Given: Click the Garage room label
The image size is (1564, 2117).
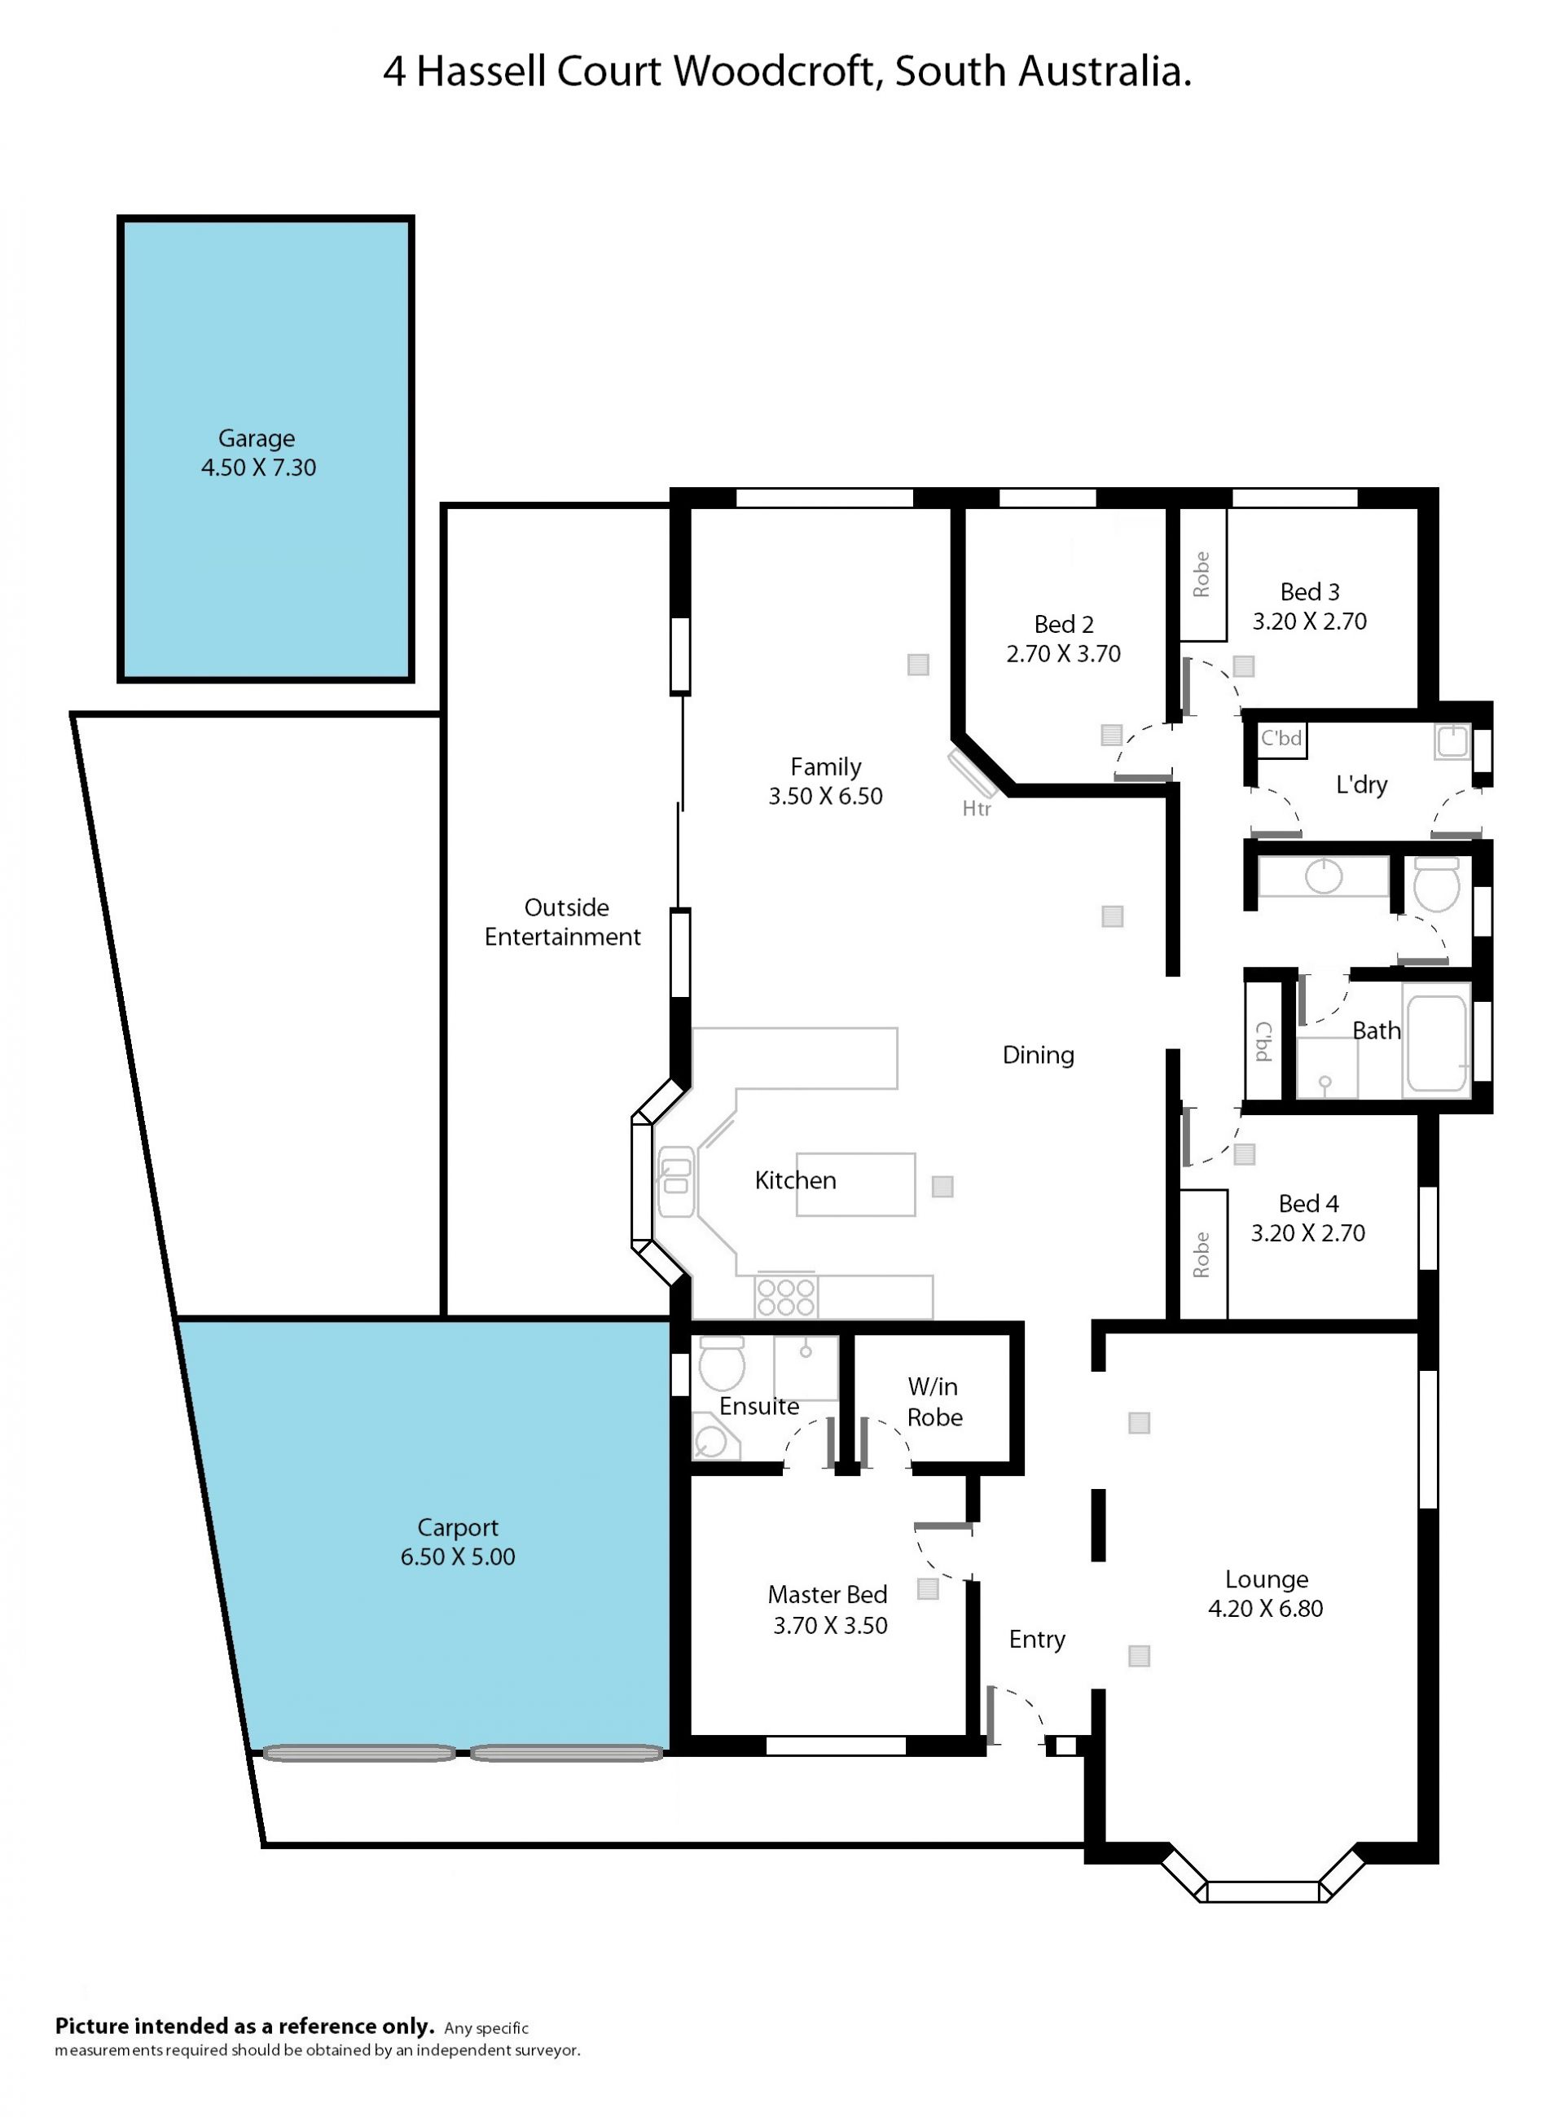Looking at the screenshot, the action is pyautogui.click(x=257, y=438).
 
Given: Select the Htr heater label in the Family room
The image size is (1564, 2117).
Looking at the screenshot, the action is pyautogui.click(x=976, y=809).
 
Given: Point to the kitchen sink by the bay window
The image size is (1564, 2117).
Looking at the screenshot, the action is pyautogui.click(x=676, y=1182).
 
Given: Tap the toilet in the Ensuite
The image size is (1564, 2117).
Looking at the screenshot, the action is pyautogui.click(x=723, y=1363).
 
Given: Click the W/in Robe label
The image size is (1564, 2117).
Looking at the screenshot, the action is pyautogui.click(x=934, y=1402).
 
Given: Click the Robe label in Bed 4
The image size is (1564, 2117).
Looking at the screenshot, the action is pyautogui.click(x=1202, y=1254).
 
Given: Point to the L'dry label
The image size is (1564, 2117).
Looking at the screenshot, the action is pyautogui.click(x=1361, y=785).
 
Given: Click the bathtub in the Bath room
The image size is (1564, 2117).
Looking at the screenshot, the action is pyautogui.click(x=1437, y=1042).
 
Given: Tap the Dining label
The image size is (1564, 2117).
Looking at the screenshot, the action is pyautogui.click(x=1039, y=1055).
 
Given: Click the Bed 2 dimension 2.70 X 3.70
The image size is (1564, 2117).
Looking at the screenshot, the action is pyautogui.click(x=1063, y=653).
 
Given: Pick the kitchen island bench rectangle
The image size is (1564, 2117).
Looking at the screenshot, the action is pyautogui.click(x=856, y=1184).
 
